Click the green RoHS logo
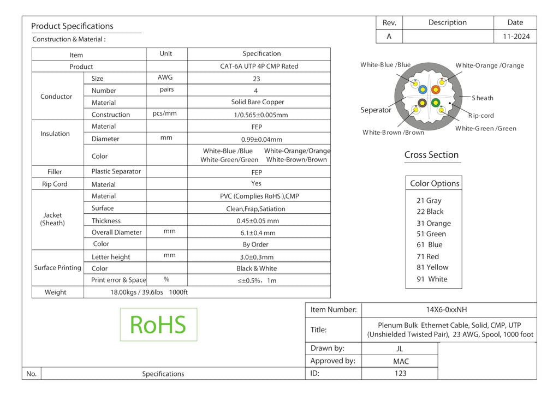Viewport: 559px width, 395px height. [158, 325]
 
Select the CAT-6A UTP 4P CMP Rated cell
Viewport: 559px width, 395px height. [259, 66]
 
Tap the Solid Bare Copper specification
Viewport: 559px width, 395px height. [258, 102]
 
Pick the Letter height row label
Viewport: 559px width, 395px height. [111, 257]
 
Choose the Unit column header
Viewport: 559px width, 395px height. [166, 53]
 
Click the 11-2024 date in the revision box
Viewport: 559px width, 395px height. [516, 37]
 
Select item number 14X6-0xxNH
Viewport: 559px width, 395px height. [447, 309]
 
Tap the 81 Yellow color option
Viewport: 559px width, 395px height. [432, 267]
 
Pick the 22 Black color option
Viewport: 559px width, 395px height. [430, 212]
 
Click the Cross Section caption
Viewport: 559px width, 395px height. [431, 154]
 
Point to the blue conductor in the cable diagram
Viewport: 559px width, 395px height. [423, 89]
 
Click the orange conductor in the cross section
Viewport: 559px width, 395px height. [435, 89]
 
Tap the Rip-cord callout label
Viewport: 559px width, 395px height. [481, 116]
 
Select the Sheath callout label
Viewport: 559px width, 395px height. [483, 98]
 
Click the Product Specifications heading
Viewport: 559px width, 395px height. [72, 26]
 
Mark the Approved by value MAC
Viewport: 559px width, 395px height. [401, 361]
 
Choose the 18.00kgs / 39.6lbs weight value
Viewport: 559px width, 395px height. [136, 292]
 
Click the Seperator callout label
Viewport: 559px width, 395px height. [376, 110]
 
